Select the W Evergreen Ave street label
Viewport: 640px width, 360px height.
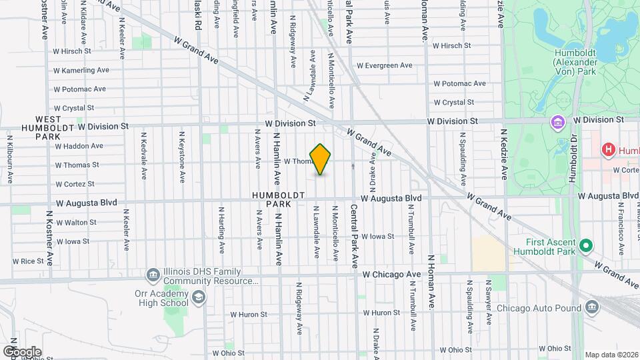click(x=385, y=65)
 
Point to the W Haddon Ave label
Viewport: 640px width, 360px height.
click(x=79, y=145)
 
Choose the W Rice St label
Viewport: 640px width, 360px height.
click(x=27, y=261)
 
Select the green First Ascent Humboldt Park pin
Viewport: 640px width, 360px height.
click(x=586, y=246)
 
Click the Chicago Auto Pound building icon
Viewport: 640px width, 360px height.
click(x=592, y=307)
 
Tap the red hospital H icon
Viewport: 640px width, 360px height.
click(x=607, y=150)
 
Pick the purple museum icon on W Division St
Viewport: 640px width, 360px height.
click(x=557, y=123)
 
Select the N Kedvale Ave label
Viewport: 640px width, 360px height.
click(x=143, y=155)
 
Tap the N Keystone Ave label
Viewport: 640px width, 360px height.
click(x=181, y=157)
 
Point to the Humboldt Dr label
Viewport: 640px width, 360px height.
click(x=571, y=160)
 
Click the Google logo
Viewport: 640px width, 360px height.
click(x=21, y=351)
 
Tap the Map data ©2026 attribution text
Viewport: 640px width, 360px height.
click(x=611, y=355)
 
